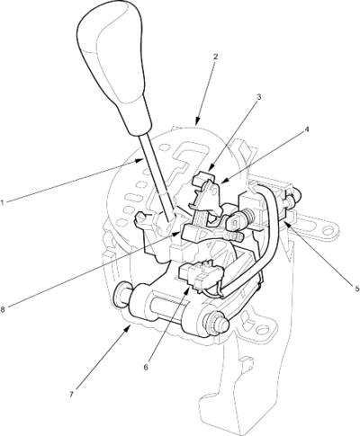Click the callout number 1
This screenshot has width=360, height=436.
coord(2,202)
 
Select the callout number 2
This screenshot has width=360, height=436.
coord(215,57)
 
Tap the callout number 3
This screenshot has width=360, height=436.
coord(259,97)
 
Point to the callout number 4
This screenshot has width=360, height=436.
coord(306,129)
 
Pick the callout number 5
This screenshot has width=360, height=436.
coord(357,289)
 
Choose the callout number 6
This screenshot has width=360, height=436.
coord(146,368)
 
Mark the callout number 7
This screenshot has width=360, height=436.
coord(71,395)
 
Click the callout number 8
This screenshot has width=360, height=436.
coord(3,310)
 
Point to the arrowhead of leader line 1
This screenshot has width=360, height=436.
coord(140,160)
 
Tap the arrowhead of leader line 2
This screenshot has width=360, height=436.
coord(197,121)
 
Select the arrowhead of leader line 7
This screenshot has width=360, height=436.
coord(129,327)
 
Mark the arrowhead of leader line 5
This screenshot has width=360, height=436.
coord(284,222)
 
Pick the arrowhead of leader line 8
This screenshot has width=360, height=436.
coord(177,234)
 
